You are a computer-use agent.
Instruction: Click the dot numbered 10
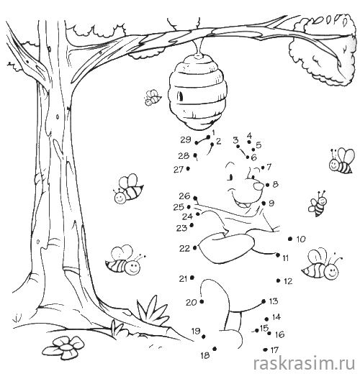click(290, 239)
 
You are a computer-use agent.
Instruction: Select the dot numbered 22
click(194, 248)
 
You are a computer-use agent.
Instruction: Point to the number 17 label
click(274, 350)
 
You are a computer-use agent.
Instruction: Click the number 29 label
click(186, 140)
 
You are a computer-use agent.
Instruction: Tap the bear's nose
click(258, 186)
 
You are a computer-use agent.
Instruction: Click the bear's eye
click(230, 177)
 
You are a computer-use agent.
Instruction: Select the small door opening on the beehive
click(181, 96)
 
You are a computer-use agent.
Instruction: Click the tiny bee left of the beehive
click(153, 98)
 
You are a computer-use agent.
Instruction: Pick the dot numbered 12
click(278, 280)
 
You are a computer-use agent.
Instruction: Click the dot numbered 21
click(192, 278)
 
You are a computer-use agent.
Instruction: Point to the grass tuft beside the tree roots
click(152, 310)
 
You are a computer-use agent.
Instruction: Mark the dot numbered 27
click(188, 168)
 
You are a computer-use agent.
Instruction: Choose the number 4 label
click(249, 135)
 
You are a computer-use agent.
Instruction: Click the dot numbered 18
click(215, 349)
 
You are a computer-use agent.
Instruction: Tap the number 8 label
click(275, 184)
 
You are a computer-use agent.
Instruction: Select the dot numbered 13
click(264, 301)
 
